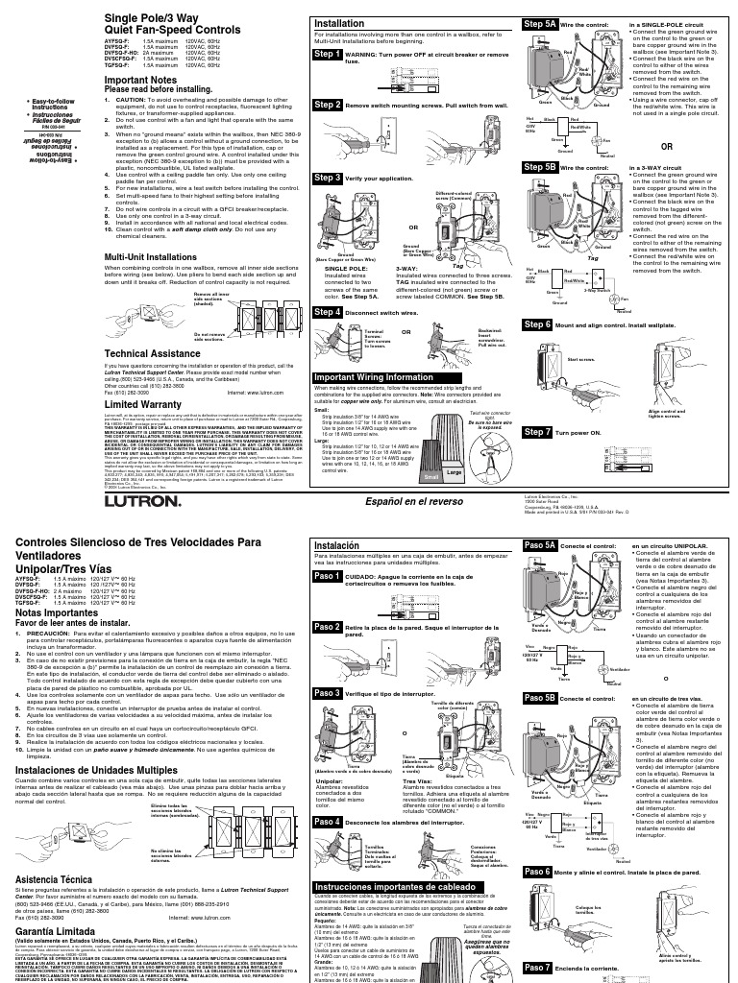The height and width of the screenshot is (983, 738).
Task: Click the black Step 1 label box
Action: (x=327, y=56)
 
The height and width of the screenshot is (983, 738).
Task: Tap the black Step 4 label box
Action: (x=327, y=312)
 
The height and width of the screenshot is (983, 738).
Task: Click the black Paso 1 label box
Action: (x=327, y=576)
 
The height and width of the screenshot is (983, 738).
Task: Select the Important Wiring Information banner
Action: (x=375, y=377)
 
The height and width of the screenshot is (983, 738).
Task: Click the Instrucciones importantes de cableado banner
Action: (x=402, y=889)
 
